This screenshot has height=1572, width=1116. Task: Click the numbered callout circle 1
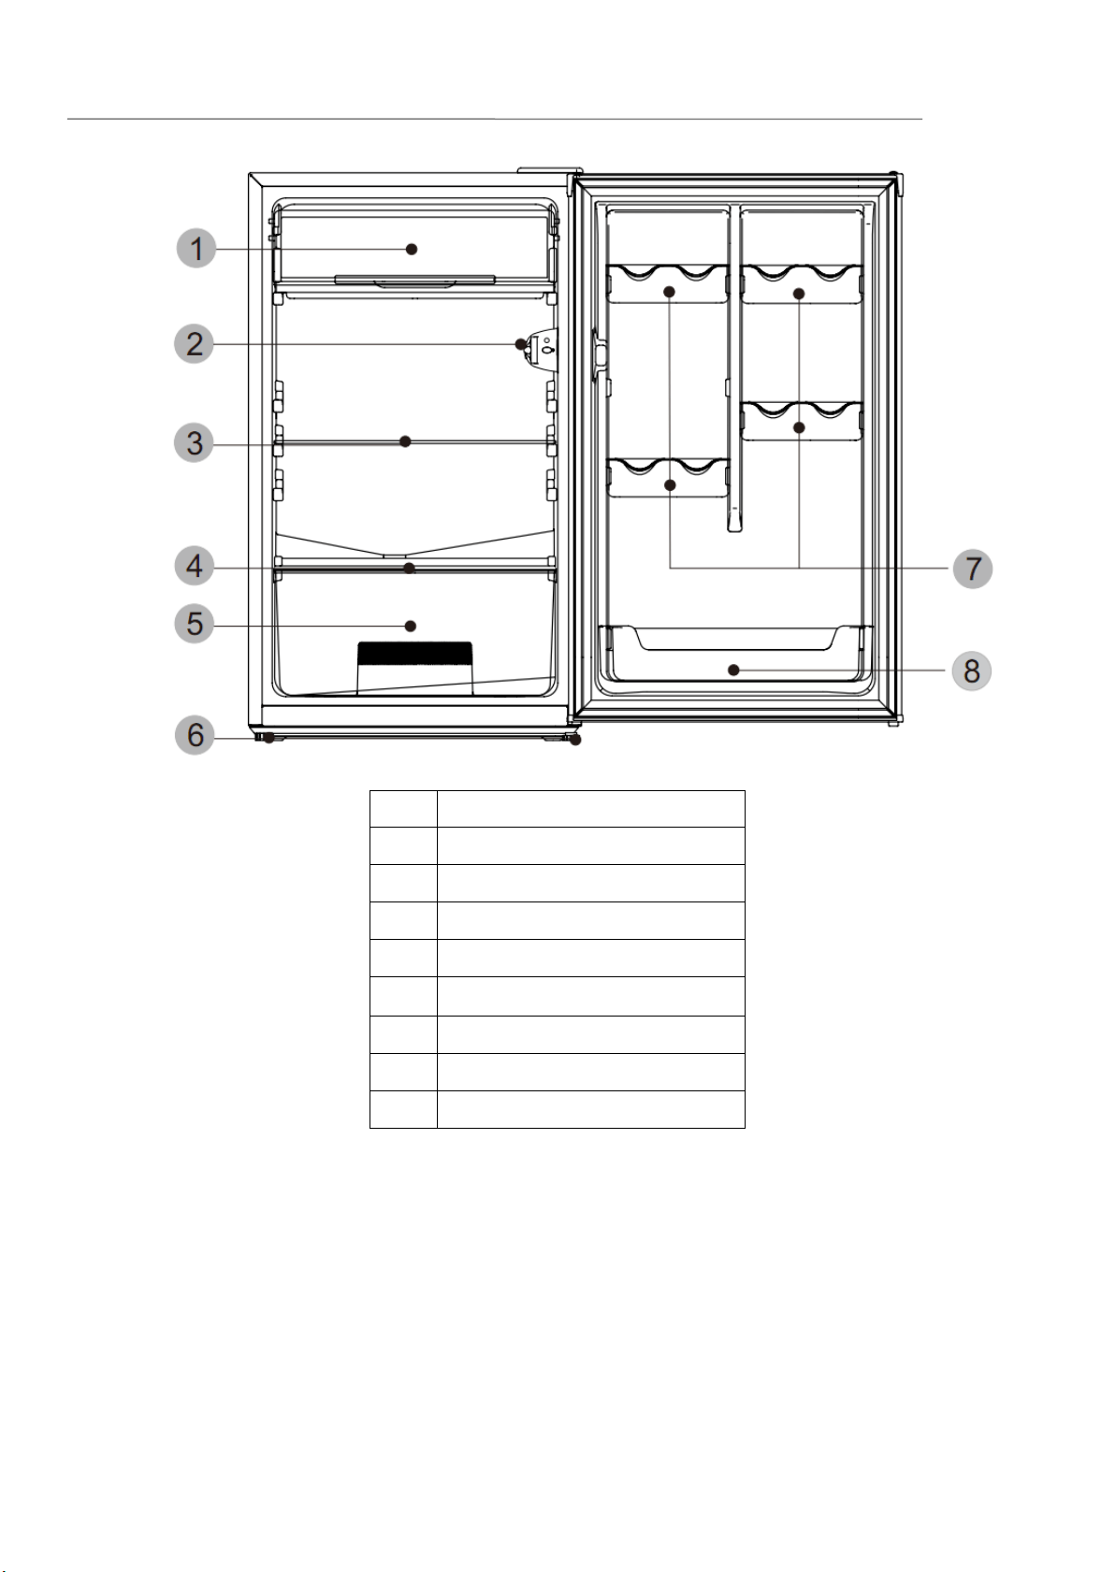(196, 248)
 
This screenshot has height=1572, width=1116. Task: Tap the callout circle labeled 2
(195, 344)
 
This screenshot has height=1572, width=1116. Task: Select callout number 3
(195, 443)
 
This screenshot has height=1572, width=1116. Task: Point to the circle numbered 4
(195, 567)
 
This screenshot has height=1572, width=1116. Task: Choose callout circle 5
(195, 623)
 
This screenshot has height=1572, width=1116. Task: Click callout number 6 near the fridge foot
(195, 735)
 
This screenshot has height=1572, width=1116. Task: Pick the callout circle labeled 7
(973, 568)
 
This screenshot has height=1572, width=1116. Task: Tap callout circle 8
(971, 671)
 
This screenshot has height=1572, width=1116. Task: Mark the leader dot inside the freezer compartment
(412, 249)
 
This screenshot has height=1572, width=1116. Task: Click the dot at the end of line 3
(405, 441)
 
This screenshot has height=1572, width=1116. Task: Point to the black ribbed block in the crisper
(414, 654)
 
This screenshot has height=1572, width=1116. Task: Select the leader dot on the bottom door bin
(733, 671)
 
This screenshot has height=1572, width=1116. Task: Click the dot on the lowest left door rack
(670, 485)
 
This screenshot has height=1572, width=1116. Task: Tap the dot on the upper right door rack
(799, 294)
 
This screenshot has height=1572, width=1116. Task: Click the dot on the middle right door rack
(799, 427)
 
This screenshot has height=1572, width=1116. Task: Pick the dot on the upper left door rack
(670, 291)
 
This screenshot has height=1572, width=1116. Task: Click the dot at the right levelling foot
(575, 740)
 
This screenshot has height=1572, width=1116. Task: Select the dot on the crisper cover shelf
(410, 568)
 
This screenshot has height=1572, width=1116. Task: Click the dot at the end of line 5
(412, 626)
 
